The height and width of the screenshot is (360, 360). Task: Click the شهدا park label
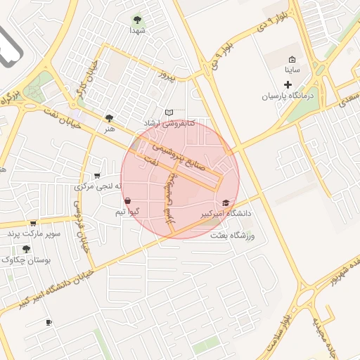pyautogui.click(x=137, y=31)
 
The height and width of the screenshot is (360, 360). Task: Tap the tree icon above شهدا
pyautogui.click(x=137, y=20)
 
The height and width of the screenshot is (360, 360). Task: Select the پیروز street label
pyautogui.click(x=166, y=74)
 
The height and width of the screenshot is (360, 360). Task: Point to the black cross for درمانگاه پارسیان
pyautogui.click(x=288, y=84)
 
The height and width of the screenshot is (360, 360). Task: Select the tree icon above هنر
pyautogui.click(x=109, y=118)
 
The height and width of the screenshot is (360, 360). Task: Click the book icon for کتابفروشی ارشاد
pyautogui.click(x=168, y=112)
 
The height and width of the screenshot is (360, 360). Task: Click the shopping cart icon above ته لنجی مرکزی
pyautogui.click(x=96, y=176)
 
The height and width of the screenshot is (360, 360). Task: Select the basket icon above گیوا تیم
pyautogui.click(x=127, y=200)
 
